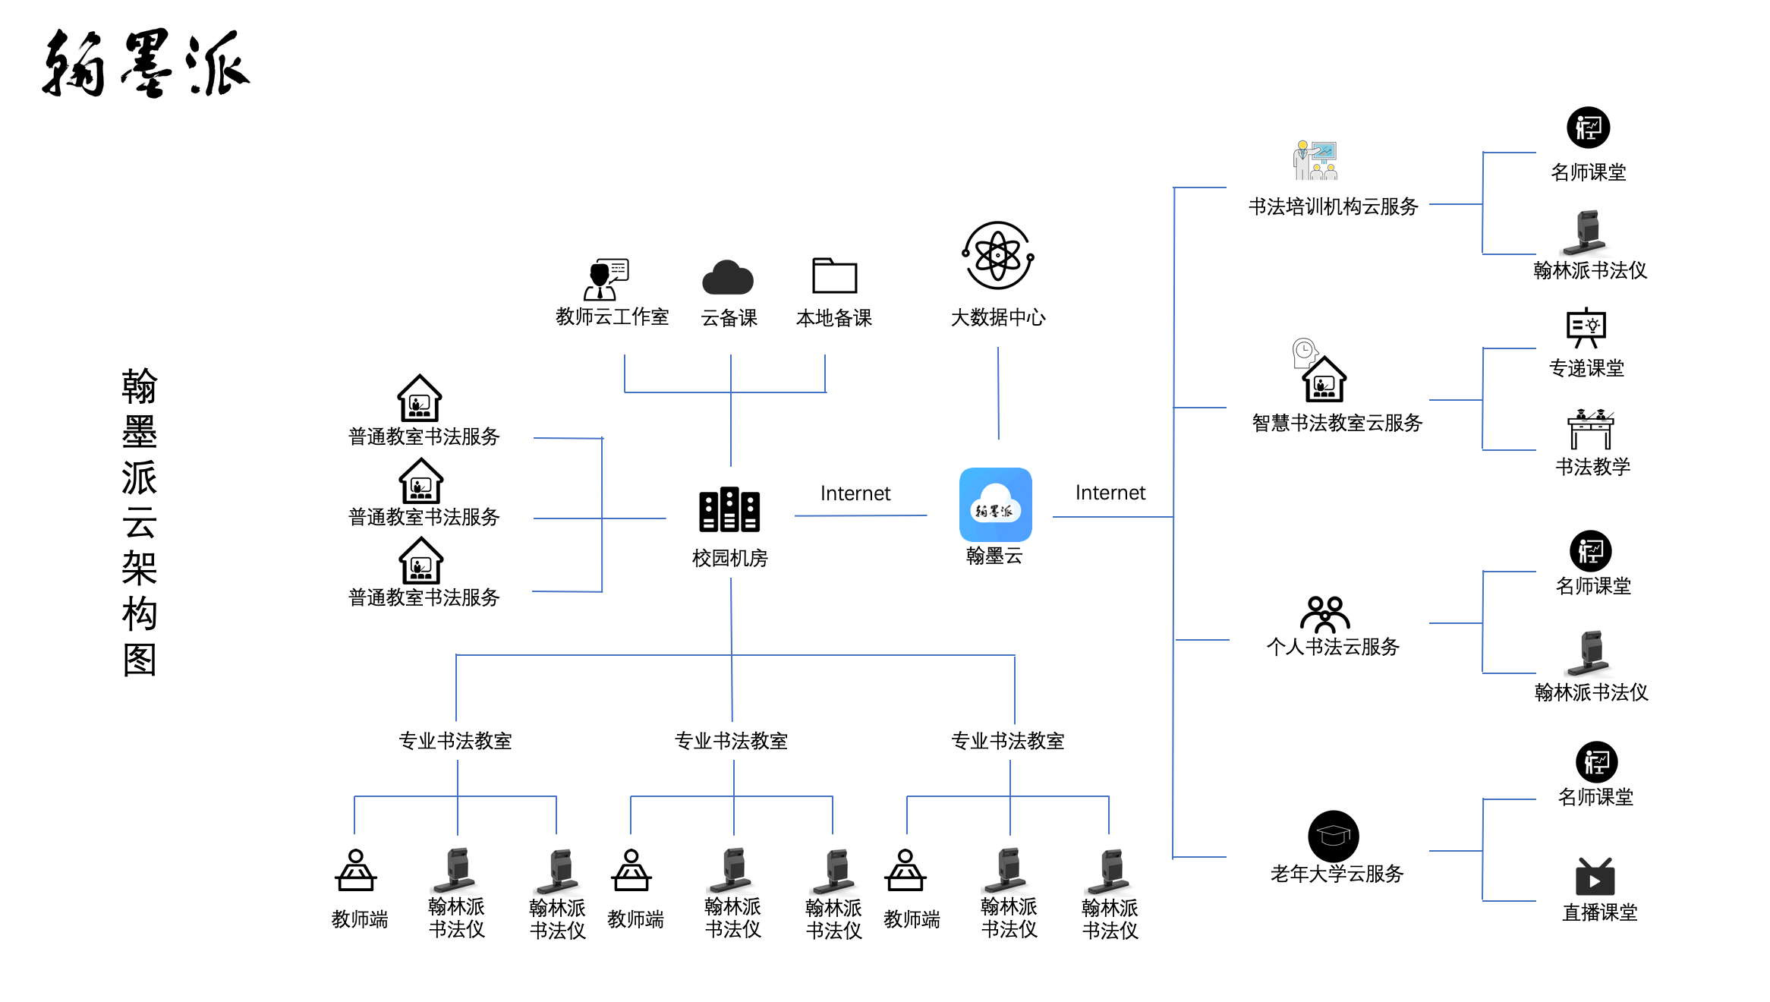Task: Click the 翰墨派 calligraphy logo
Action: (x=145, y=64)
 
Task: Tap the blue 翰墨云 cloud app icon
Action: (x=995, y=504)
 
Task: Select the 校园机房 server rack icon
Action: (x=729, y=509)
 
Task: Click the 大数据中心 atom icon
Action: (x=997, y=256)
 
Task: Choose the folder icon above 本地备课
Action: (x=834, y=276)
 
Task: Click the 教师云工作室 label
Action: (x=612, y=317)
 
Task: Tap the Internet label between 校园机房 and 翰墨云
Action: (x=855, y=493)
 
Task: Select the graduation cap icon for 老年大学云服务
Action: (x=1333, y=836)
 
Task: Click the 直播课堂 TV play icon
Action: (x=1595, y=878)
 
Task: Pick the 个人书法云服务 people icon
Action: (x=1324, y=614)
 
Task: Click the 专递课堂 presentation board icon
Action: (x=1586, y=328)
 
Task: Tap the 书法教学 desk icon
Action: (x=1591, y=430)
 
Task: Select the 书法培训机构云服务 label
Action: (x=1333, y=206)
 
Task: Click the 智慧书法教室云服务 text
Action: (x=1337, y=423)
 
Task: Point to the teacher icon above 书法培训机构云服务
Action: (x=1315, y=160)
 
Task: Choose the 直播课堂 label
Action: (x=1599, y=912)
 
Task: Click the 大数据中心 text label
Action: (x=997, y=317)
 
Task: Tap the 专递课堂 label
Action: (x=1586, y=369)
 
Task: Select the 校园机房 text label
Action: (x=729, y=559)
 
